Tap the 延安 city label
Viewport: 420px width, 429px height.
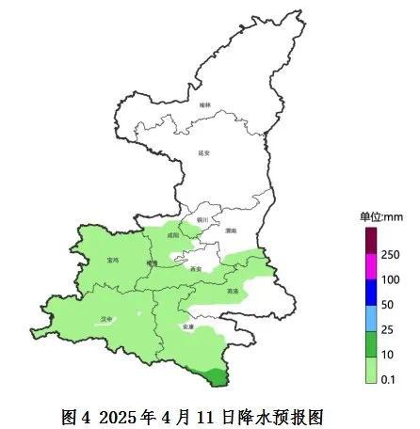coord(205,152)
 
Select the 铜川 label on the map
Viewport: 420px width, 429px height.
coord(202,220)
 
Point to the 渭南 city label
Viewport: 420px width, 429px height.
coord(231,230)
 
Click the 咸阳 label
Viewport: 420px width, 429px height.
coord(172,236)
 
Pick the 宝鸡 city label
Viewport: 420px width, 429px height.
coord(115,260)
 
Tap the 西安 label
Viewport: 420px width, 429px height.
coord(195,269)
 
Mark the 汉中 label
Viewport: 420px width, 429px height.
coord(106,318)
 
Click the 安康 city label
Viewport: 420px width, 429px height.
coord(187,326)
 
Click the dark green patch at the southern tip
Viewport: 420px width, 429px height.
coord(216,377)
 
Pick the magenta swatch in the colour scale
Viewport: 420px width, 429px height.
coord(370,269)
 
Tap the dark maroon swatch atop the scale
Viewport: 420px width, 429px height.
coord(370,243)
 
